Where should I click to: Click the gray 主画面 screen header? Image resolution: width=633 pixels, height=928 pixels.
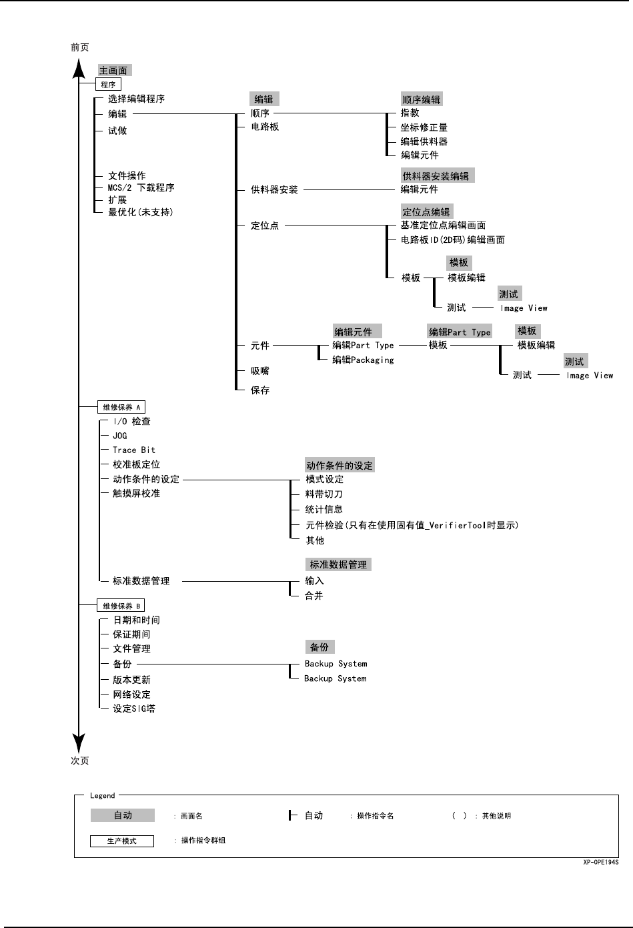[x=113, y=70]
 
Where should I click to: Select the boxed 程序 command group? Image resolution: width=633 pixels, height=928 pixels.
[x=109, y=85]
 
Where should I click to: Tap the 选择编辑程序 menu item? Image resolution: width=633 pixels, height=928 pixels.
[x=136, y=99]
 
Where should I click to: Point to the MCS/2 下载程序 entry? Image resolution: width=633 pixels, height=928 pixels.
[x=141, y=188]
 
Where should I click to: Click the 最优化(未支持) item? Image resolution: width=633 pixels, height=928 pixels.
[x=140, y=212]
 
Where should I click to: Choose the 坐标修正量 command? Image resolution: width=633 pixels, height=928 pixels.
[x=424, y=127]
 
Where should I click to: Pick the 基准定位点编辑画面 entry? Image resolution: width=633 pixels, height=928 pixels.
[x=443, y=225]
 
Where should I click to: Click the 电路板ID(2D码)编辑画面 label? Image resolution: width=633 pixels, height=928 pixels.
[x=452, y=240]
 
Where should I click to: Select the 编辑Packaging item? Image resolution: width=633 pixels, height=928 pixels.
[x=363, y=360]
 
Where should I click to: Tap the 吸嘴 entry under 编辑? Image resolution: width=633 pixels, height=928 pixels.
[x=260, y=371]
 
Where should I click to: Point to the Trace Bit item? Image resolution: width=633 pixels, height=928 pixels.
[x=133, y=450]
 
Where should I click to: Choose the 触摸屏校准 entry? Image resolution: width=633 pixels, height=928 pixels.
[x=136, y=494]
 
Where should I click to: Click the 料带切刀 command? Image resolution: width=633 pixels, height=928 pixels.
[x=324, y=494]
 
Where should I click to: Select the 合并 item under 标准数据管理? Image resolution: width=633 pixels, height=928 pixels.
[x=314, y=596]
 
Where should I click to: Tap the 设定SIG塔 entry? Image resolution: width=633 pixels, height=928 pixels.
[x=133, y=709]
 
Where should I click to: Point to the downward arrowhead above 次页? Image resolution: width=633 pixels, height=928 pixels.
[x=79, y=743]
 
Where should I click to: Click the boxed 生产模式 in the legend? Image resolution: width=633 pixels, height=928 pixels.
[x=122, y=841]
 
